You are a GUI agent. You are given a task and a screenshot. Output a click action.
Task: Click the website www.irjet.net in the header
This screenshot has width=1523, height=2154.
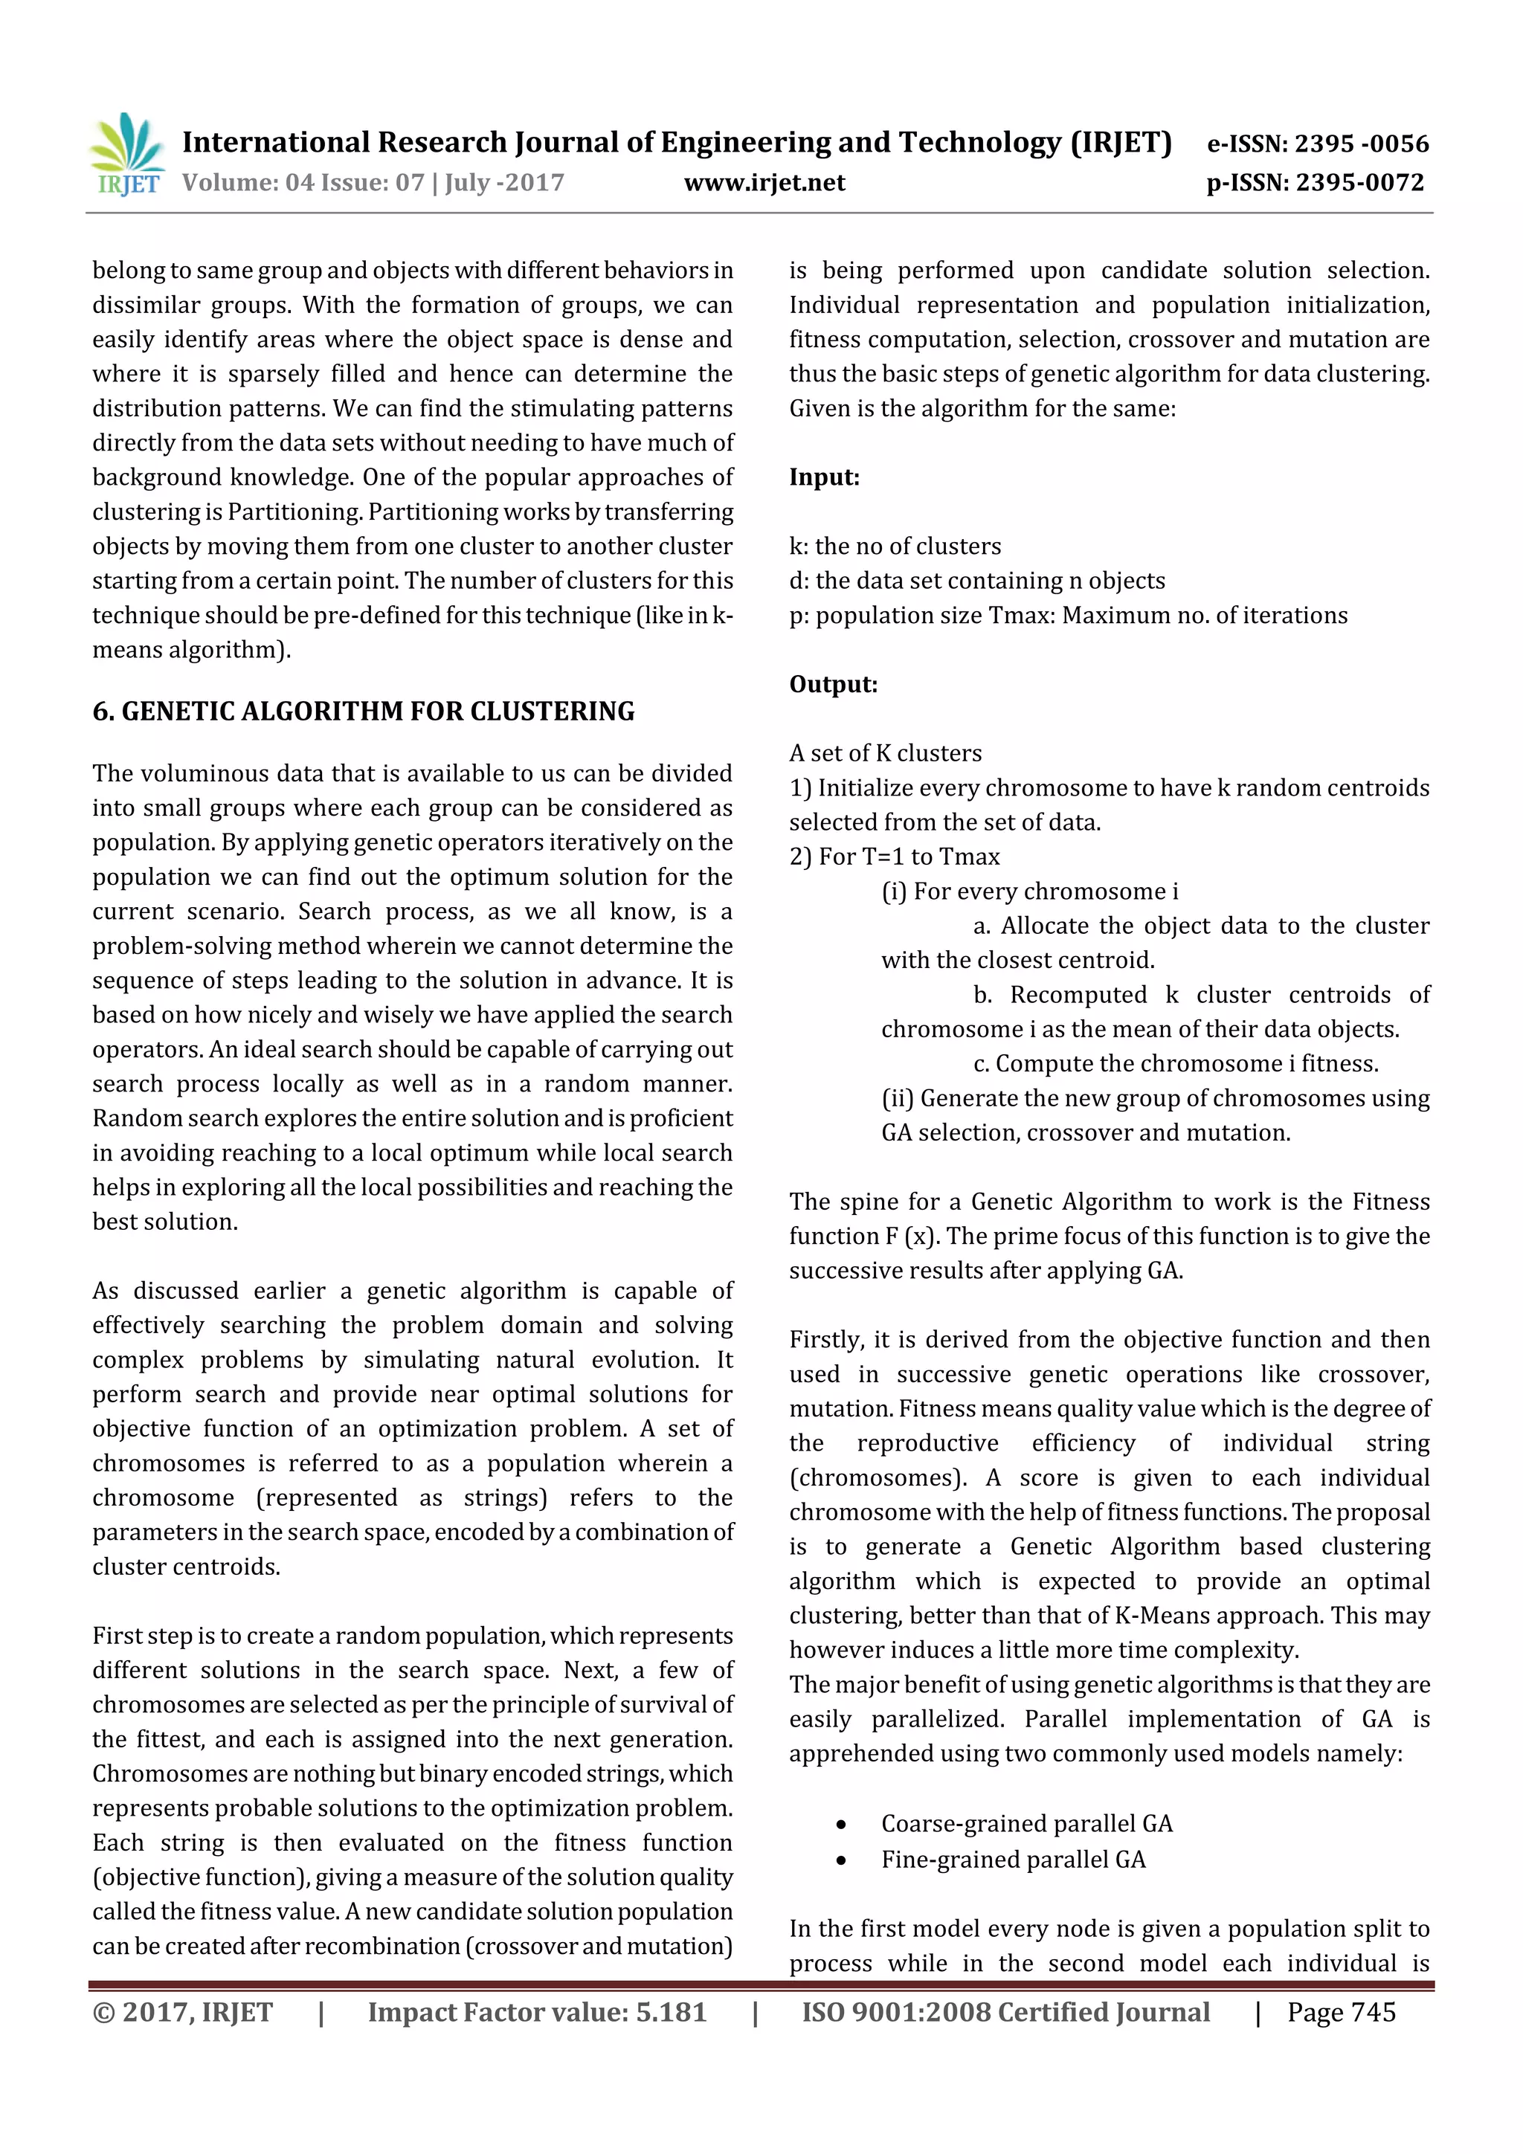764,183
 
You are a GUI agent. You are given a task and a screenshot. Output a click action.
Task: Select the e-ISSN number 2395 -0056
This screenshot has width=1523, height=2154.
1361,144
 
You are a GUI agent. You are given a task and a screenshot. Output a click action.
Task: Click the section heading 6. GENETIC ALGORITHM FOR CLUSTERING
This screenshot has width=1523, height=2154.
363,711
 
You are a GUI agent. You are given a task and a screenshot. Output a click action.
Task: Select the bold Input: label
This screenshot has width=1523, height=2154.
824,477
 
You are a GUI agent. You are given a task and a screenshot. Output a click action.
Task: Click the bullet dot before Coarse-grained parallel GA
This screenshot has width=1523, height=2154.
841,1824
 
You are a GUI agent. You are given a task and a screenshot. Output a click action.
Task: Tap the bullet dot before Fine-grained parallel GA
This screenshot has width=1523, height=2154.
841,1860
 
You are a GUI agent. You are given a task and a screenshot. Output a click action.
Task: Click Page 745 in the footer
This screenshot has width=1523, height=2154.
1341,2012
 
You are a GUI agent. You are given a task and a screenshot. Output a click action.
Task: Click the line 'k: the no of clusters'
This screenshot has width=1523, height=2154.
895,546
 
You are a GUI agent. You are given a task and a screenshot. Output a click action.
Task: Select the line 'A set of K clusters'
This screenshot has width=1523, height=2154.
885,753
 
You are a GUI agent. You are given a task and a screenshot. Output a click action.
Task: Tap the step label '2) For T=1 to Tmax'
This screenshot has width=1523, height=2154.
895,857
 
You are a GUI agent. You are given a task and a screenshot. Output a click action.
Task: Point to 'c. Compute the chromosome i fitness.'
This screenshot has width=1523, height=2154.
1175,1064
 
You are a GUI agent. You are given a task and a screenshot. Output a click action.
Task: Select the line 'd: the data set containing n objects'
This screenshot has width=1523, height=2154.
976,581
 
